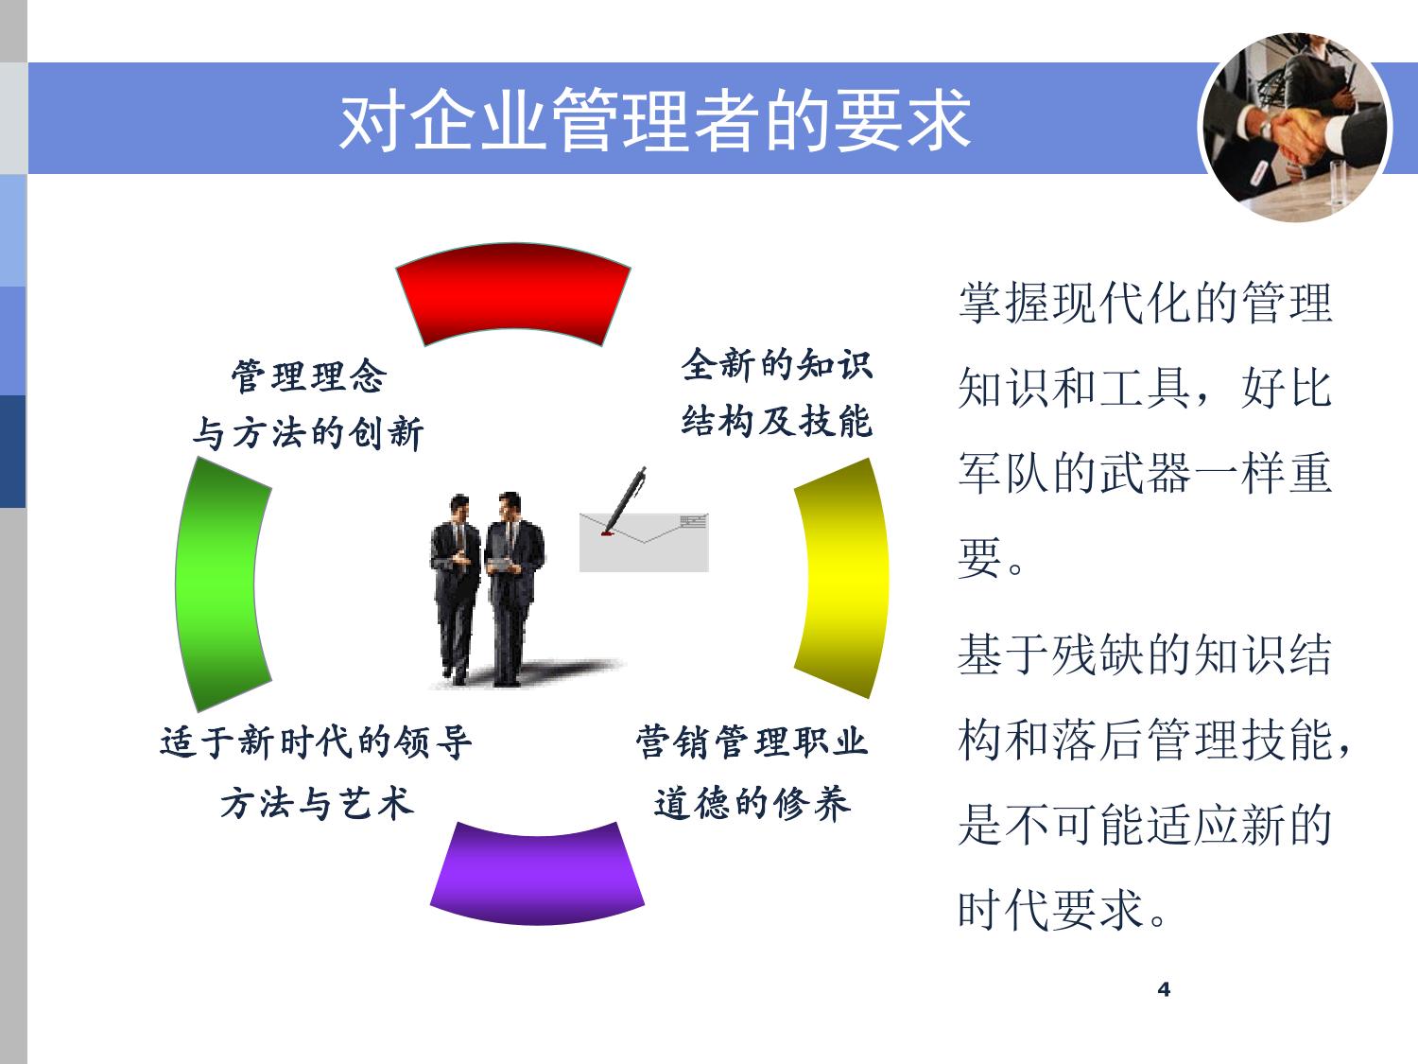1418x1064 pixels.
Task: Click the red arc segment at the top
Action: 513,290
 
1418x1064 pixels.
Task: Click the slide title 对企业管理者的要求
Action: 654,120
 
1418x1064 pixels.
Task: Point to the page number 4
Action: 1164,989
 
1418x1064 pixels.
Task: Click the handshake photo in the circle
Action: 1294,128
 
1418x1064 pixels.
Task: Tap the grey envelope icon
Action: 644,542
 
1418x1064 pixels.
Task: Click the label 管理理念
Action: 309,375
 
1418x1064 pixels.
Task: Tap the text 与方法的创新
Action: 308,432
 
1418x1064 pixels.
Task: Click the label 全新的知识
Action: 777,364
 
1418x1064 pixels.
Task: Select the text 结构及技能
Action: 777,421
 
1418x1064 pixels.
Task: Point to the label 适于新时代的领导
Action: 316,741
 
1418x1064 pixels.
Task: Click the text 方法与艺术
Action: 316,803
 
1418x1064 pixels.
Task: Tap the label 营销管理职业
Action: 752,741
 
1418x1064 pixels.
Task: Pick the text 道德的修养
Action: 752,803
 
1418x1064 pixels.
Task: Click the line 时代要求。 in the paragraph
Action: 1063,910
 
